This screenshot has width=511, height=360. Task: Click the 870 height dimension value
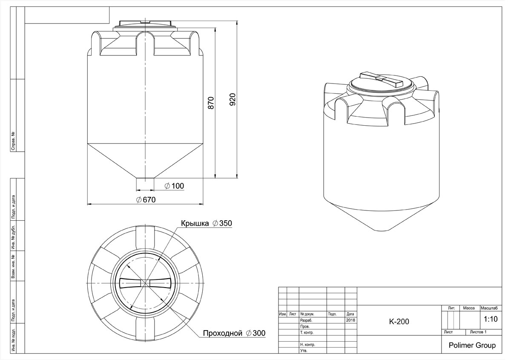click(x=211, y=103)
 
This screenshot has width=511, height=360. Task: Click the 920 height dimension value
click(x=233, y=100)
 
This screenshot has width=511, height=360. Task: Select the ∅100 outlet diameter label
click(x=174, y=186)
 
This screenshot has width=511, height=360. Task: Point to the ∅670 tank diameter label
click(x=146, y=200)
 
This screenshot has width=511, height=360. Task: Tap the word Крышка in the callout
click(x=195, y=223)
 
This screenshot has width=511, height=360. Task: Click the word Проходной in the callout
click(x=222, y=333)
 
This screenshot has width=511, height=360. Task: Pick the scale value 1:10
click(x=491, y=319)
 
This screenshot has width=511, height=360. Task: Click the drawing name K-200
click(x=399, y=322)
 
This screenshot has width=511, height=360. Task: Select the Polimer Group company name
click(x=472, y=346)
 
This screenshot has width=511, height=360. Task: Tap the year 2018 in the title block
click(x=350, y=320)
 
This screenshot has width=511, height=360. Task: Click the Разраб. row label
click(x=306, y=320)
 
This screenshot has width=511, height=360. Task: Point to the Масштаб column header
click(x=489, y=308)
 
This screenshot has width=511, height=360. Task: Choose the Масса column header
click(x=469, y=308)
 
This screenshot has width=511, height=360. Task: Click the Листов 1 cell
click(x=478, y=332)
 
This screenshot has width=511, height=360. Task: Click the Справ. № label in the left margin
click(x=13, y=141)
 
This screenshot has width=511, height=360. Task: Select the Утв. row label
click(x=304, y=351)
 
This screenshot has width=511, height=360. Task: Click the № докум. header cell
click(x=307, y=314)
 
